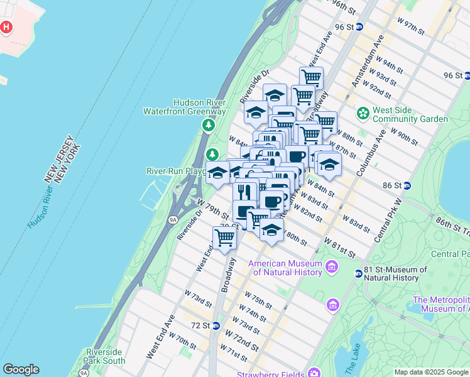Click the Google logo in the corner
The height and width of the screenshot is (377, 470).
21,369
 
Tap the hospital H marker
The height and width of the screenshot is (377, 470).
6,28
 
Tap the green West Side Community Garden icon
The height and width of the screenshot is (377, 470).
363,114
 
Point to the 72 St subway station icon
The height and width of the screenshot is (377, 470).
216,325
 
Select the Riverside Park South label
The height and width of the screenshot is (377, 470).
105,356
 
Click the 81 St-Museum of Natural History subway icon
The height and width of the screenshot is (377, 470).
358,273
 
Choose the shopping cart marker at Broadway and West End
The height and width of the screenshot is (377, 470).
224,237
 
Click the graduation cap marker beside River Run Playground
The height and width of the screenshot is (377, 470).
217,173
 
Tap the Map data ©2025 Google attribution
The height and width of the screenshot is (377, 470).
432,372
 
